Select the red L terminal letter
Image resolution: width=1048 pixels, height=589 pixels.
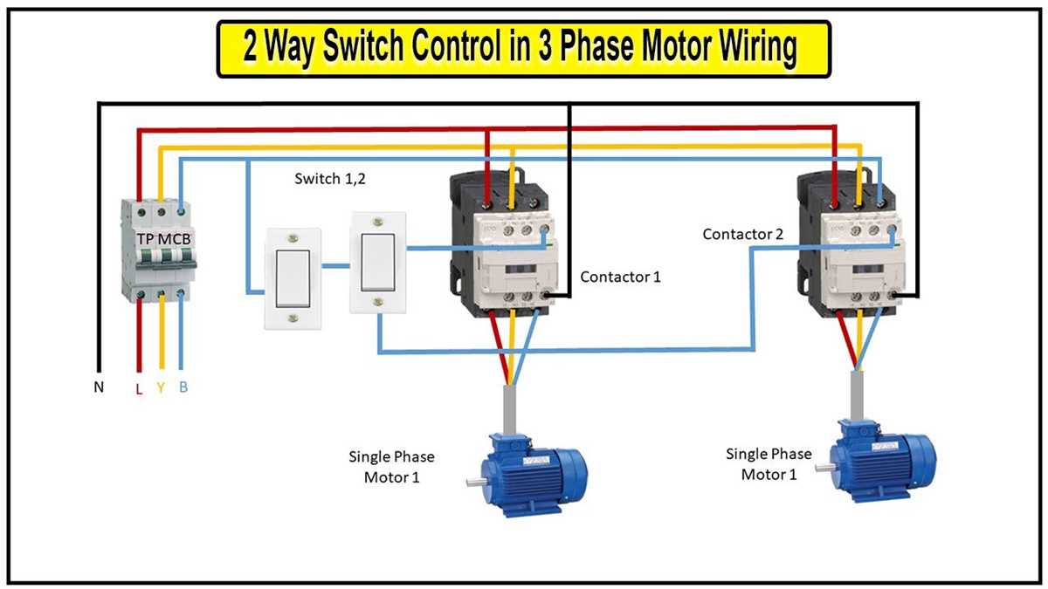pyautogui.click(x=138, y=388)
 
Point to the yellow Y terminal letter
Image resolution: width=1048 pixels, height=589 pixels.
pyautogui.click(x=161, y=387)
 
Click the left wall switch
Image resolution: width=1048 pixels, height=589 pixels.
pyautogui.click(x=293, y=278)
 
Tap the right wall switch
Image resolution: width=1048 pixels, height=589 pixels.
pyautogui.click(x=378, y=261)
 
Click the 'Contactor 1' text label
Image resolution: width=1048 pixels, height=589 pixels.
pyautogui.click(x=620, y=277)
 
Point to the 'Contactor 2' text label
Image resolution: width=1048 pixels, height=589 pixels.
pyautogui.click(x=743, y=235)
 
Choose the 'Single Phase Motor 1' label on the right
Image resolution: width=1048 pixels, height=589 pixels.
pyautogui.click(x=769, y=464)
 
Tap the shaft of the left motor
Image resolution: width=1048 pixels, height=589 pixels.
pyautogui.click(x=473, y=483)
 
